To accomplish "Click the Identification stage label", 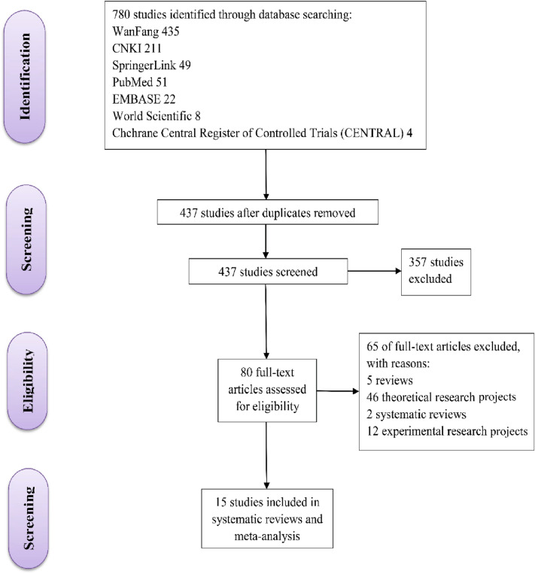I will pyautogui.click(x=35, y=80).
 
